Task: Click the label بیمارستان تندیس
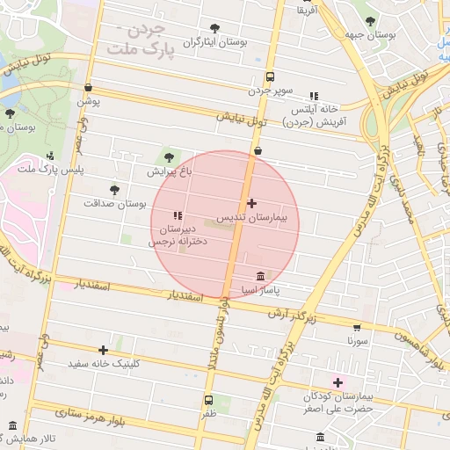[x=254, y=216]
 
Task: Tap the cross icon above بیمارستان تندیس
[x=253, y=203]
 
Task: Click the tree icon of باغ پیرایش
[x=169, y=157]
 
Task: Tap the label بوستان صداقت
[x=113, y=203]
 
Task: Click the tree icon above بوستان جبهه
[x=370, y=21]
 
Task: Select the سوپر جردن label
[x=269, y=90]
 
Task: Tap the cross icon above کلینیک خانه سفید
[x=104, y=350]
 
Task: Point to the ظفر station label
[x=208, y=413]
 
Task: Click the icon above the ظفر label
[x=208, y=400]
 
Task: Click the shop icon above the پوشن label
[x=89, y=88]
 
